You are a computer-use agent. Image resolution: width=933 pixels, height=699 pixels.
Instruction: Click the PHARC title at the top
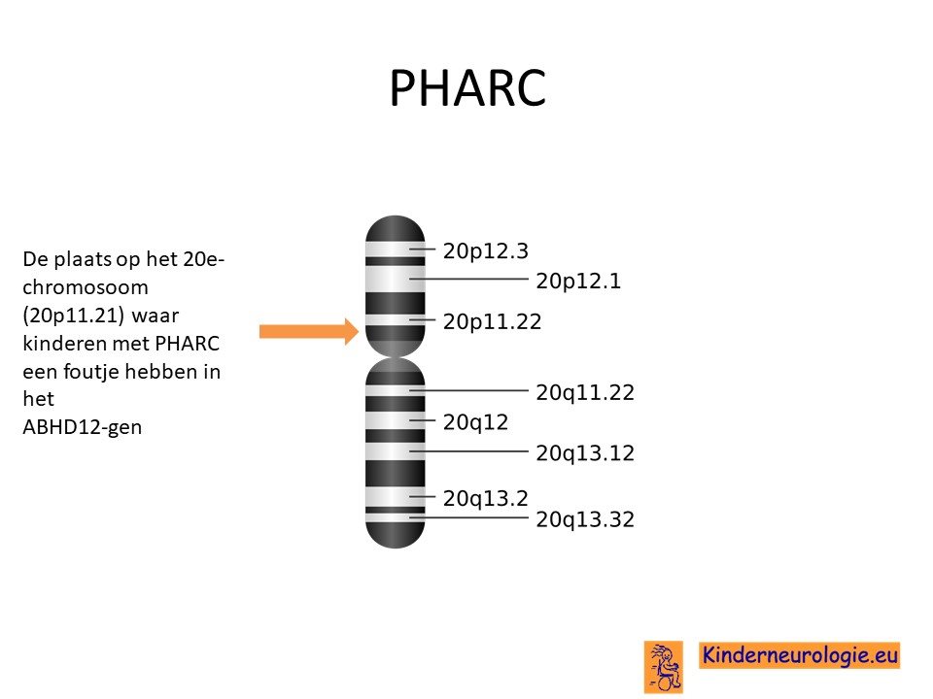pos(467,87)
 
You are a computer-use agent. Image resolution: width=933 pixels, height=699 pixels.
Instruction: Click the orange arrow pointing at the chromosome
pos(309,331)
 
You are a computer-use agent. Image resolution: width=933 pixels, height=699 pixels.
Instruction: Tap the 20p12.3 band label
pos(486,250)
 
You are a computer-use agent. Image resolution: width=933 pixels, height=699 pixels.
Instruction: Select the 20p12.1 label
pos(578,281)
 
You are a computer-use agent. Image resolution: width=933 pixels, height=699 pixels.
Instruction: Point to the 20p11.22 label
pos(492,321)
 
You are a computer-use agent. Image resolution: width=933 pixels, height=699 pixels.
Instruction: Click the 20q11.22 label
pos(585,392)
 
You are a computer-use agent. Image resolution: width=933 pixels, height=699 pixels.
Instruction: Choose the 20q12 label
pos(475,422)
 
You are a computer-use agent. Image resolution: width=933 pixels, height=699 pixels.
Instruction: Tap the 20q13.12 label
pos(585,453)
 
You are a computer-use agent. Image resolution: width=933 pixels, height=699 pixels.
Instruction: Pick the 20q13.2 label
pos(486,498)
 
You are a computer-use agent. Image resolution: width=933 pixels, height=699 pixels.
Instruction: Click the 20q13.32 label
pos(585,519)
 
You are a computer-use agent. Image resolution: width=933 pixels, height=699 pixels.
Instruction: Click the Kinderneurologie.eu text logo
pos(799,655)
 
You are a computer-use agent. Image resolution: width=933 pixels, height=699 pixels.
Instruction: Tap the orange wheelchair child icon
pos(664,667)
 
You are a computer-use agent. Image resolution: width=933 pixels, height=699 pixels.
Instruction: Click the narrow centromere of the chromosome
pos(396,356)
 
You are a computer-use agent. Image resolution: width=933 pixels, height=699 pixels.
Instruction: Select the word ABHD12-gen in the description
pos(82,427)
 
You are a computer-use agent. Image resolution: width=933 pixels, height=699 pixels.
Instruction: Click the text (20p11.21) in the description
pos(73,315)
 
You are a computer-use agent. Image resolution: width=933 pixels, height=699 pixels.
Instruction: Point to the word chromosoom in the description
pos(86,287)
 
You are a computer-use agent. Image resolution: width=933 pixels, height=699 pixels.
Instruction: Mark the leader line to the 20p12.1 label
pos(468,279)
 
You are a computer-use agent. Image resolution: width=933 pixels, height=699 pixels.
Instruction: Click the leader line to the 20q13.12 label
pos(468,451)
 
